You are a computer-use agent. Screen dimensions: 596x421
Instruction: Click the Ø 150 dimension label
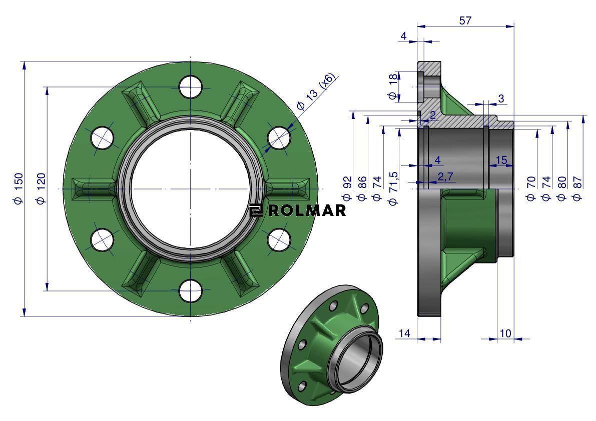(x=19, y=188)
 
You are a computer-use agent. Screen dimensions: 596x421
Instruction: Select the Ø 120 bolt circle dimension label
(x=41, y=188)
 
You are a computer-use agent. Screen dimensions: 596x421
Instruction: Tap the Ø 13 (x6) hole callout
(x=317, y=90)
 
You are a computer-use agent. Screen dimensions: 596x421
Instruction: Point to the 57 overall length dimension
(x=465, y=20)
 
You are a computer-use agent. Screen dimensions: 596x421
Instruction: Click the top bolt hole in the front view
(x=191, y=87)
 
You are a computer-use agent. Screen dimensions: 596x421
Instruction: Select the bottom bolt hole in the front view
(x=191, y=291)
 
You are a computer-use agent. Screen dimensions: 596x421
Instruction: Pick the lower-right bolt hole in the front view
(x=279, y=240)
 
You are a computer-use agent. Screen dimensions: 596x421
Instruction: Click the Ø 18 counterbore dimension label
(x=393, y=86)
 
